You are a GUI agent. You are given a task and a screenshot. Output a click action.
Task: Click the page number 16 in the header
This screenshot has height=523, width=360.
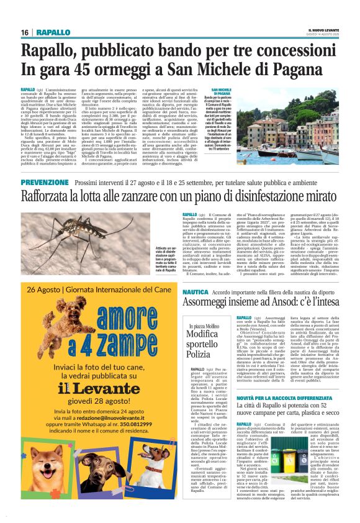pos(25,32)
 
